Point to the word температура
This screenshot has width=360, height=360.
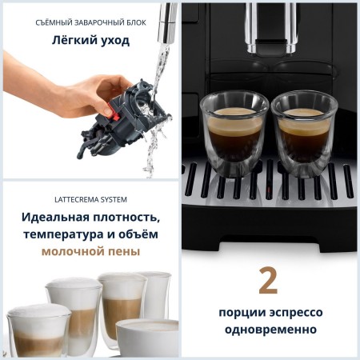coord(65,234)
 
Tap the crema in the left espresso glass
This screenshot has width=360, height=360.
coord(234,112)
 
